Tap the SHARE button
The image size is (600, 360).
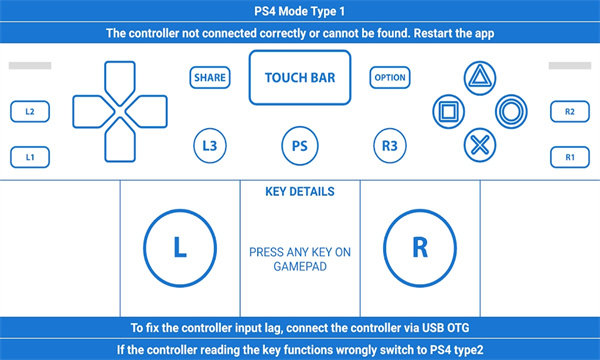coord(210,77)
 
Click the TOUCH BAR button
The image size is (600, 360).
coord(300,78)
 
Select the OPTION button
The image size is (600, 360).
coord(390,77)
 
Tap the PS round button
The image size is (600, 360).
coord(299,145)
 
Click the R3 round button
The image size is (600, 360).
coord(389,145)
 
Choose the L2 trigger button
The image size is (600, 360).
coord(30,111)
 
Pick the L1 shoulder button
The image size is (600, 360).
coord(30,157)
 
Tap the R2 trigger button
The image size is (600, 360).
coord(569,111)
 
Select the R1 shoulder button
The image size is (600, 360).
coord(569,157)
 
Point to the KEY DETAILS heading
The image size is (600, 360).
coord(299,191)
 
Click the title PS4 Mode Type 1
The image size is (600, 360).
coord(300,11)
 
